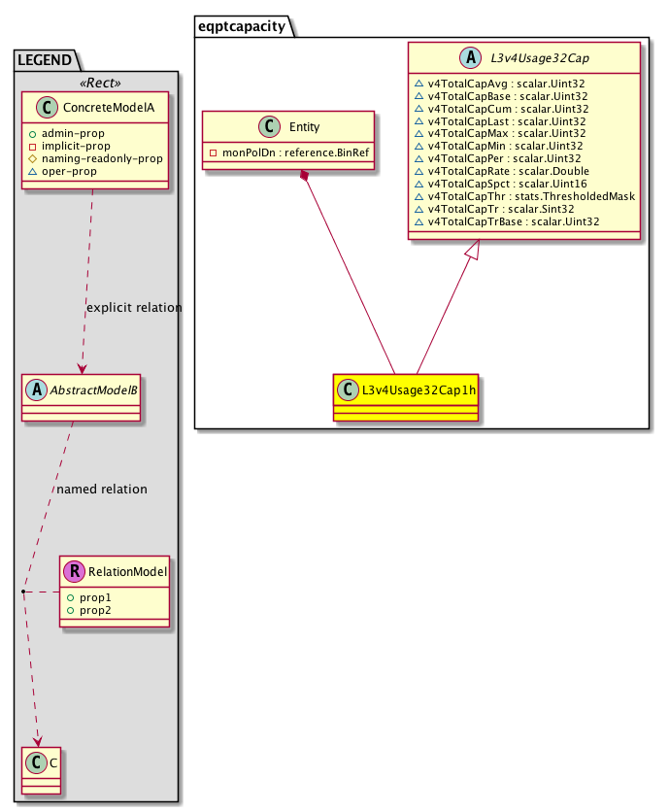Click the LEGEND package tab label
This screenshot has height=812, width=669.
pyautogui.click(x=44, y=60)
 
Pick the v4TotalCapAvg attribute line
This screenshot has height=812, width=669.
pyautogui.click(x=506, y=84)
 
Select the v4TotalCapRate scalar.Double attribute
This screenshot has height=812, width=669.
pyautogui.click(x=506, y=171)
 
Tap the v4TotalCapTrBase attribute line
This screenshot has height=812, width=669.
pyautogui.click(x=512, y=221)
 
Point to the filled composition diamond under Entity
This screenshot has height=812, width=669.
pyautogui.click(x=305, y=175)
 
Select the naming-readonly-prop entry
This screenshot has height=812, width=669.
pyautogui.click(x=108, y=157)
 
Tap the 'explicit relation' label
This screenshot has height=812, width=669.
pyautogui.click(x=133, y=308)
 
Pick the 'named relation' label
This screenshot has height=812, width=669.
pyautogui.click(x=102, y=490)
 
